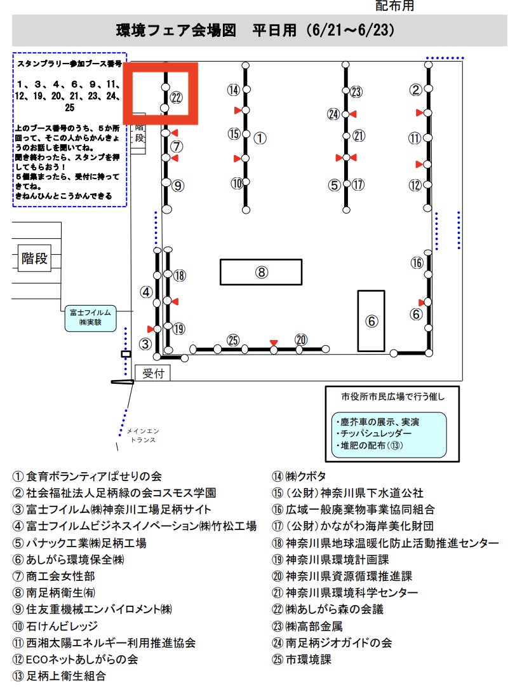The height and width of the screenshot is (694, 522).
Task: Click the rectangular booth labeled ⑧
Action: coord(261,272)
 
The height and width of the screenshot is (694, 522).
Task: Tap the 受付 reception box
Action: coord(152,373)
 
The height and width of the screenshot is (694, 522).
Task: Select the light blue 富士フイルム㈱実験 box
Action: coord(91,318)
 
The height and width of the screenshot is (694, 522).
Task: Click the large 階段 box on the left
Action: coord(34,258)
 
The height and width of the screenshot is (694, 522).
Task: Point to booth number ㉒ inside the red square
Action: coord(176,97)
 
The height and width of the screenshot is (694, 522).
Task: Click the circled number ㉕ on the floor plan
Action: coord(233,340)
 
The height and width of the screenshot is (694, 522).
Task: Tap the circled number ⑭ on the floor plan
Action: coord(233,90)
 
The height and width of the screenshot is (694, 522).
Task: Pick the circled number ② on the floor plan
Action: coord(415,90)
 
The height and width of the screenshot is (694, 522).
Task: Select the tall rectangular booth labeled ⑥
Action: coord(371,321)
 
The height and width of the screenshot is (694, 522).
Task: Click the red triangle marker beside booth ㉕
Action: coord(274,343)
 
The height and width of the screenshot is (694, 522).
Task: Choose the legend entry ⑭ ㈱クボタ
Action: coord(299,476)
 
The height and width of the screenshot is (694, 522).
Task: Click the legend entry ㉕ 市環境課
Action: coord(302,660)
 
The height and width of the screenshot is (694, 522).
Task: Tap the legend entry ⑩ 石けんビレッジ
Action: coord(55,626)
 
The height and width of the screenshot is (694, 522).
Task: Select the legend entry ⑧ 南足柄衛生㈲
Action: coord(54,593)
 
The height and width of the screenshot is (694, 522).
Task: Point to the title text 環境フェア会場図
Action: coord(176,30)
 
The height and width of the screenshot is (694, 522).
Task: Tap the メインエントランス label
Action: coord(143,435)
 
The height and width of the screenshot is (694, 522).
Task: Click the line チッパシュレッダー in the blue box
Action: coord(374,433)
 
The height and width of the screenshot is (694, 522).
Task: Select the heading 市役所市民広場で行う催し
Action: coord(393,397)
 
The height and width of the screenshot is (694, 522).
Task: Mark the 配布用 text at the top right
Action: coord(394,6)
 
